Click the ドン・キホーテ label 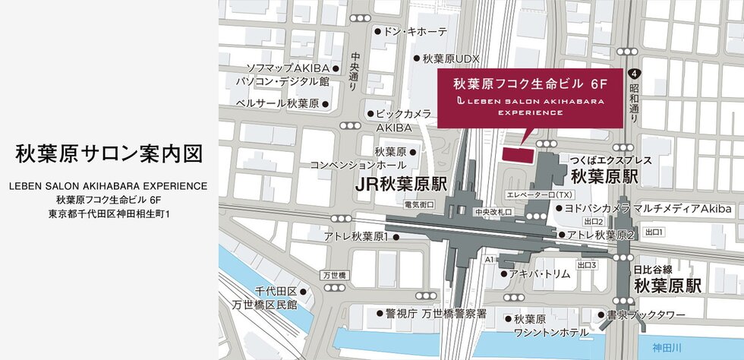[416, 32]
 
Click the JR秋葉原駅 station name [402, 185]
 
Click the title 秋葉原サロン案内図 [109, 154]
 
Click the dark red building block [517, 153]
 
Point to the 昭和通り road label [635, 103]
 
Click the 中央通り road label [355, 72]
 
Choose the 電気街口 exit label [419, 205]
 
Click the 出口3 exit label [586, 265]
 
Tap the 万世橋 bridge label [333, 273]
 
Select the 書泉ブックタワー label [645, 314]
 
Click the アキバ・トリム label [539, 273]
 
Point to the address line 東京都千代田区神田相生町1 [109, 214]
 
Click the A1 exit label [489, 260]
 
